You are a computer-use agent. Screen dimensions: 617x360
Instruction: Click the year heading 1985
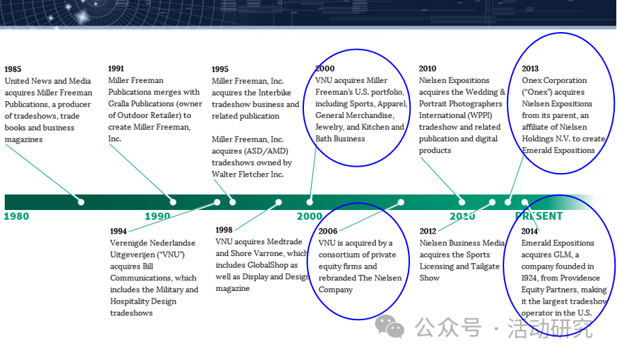coord(13,69)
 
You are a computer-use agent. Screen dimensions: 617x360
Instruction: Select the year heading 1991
coord(116,68)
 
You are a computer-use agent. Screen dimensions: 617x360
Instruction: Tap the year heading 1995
coord(220,69)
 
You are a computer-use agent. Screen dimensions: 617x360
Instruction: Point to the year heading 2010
coord(428,68)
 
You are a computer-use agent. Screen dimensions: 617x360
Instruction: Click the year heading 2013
coord(530,68)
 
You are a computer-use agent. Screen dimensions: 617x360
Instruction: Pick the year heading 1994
coord(118,231)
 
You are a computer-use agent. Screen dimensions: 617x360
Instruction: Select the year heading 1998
coord(224,230)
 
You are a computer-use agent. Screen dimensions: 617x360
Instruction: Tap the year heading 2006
coord(328,231)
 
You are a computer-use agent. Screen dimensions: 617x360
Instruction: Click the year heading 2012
coord(428,231)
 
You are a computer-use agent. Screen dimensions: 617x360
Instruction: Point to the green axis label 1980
coord(17,216)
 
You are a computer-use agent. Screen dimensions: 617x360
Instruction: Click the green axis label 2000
coord(310,216)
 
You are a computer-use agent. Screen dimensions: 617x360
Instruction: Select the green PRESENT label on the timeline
coord(539,216)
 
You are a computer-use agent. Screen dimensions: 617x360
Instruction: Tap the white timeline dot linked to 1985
coord(81,202)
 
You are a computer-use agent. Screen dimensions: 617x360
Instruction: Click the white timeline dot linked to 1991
coord(173,202)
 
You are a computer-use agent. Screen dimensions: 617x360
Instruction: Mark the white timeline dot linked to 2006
coord(401,202)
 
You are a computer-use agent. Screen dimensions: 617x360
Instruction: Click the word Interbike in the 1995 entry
coord(275,93)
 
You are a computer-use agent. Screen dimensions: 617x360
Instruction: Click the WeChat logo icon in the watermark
coord(390,327)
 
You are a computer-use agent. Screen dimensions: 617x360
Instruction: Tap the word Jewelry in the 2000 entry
coord(329,127)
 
